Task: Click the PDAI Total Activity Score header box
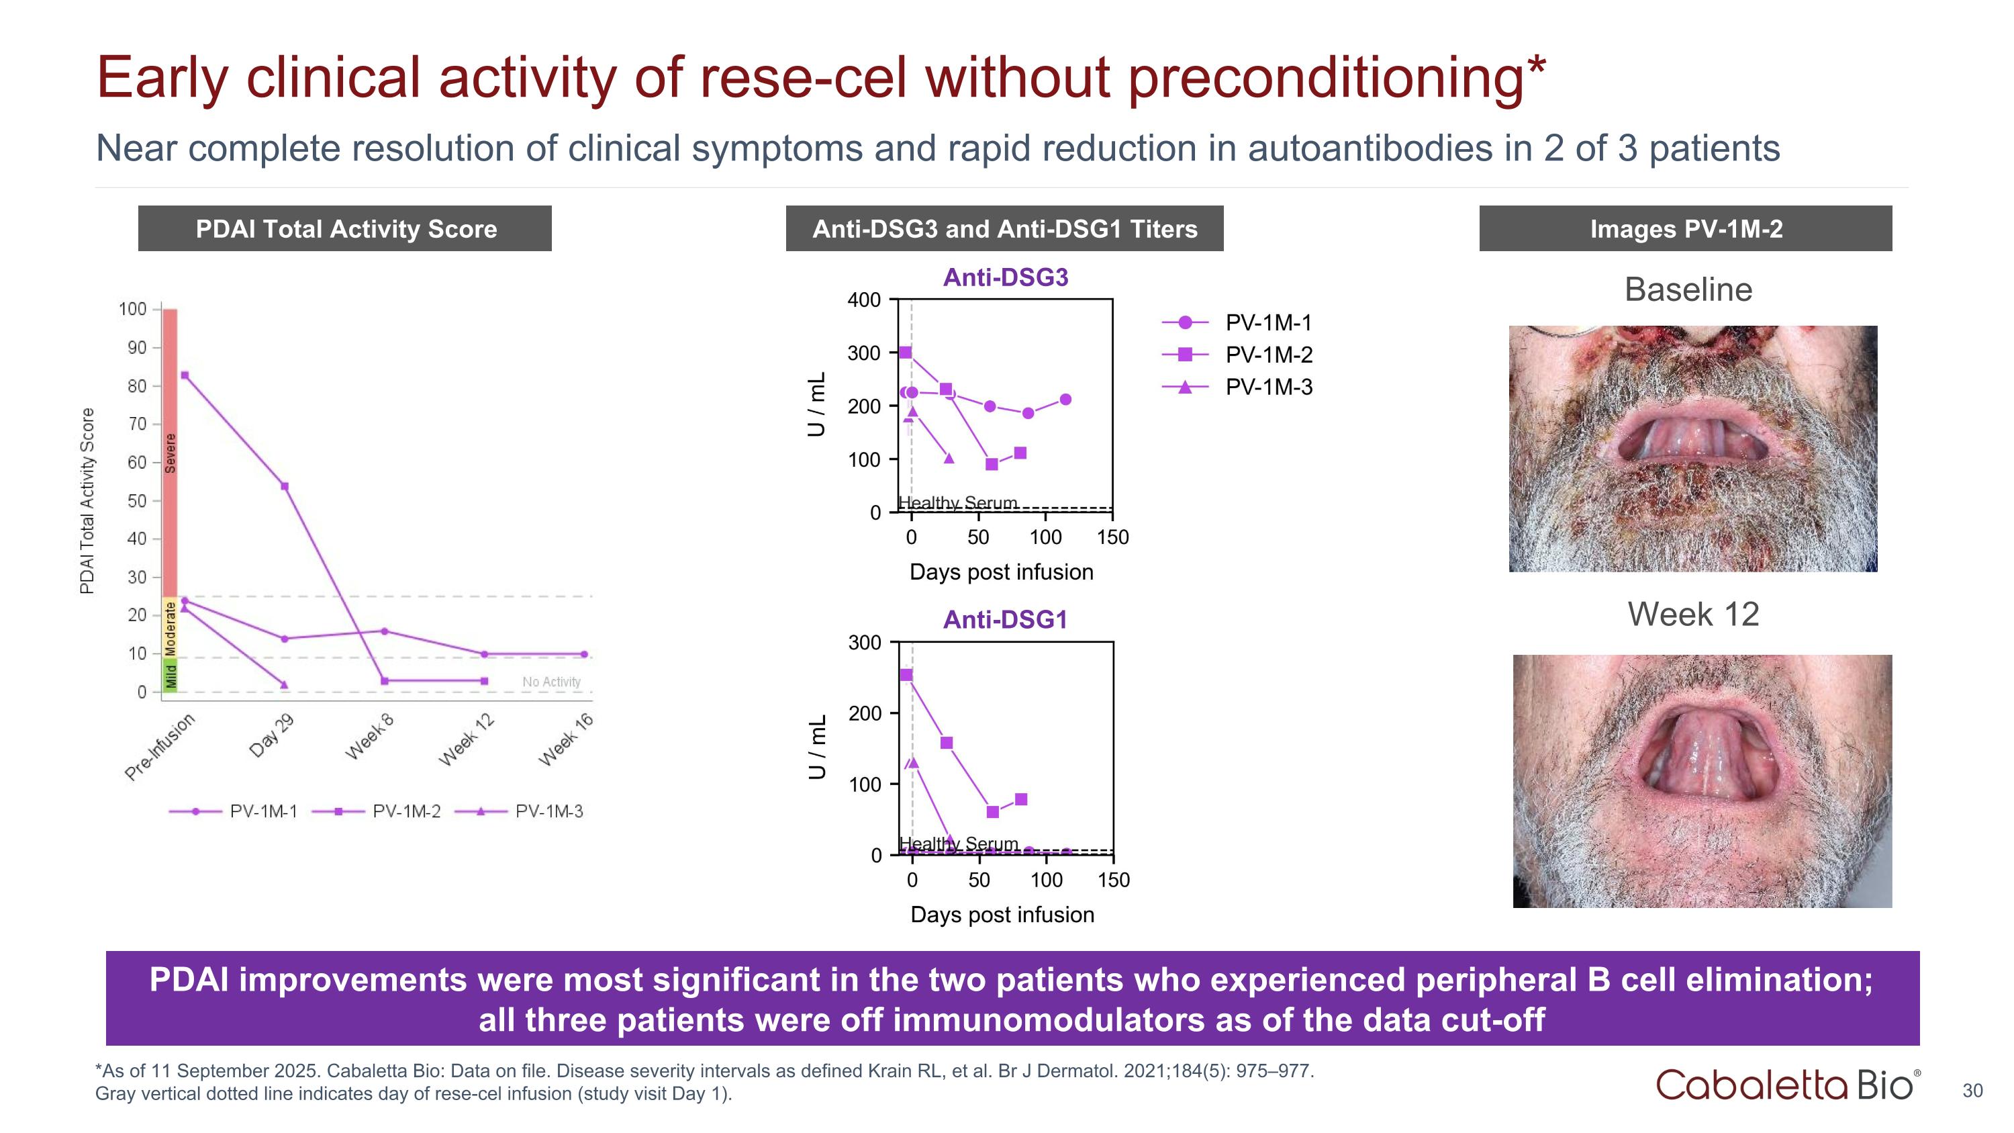[345, 228]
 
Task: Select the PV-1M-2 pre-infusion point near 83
[185, 375]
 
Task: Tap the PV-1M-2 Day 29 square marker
[285, 486]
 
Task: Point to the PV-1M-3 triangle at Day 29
[284, 685]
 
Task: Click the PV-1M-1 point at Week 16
[584, 654]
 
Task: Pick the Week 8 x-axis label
[370, 737]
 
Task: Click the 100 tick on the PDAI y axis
[133, 309]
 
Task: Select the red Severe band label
[170, 453]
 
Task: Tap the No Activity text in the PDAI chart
[551, 682]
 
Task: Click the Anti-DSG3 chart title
[1006, 277]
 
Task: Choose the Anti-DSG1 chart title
[1006, 620]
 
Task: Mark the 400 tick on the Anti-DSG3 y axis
[864, 300]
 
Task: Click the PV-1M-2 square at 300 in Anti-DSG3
[906, 353]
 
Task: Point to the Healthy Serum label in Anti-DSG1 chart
[959, 844]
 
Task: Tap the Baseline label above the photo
[1688, 289]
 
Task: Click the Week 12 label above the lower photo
[1692, 614]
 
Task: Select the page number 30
[1972, 1091]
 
